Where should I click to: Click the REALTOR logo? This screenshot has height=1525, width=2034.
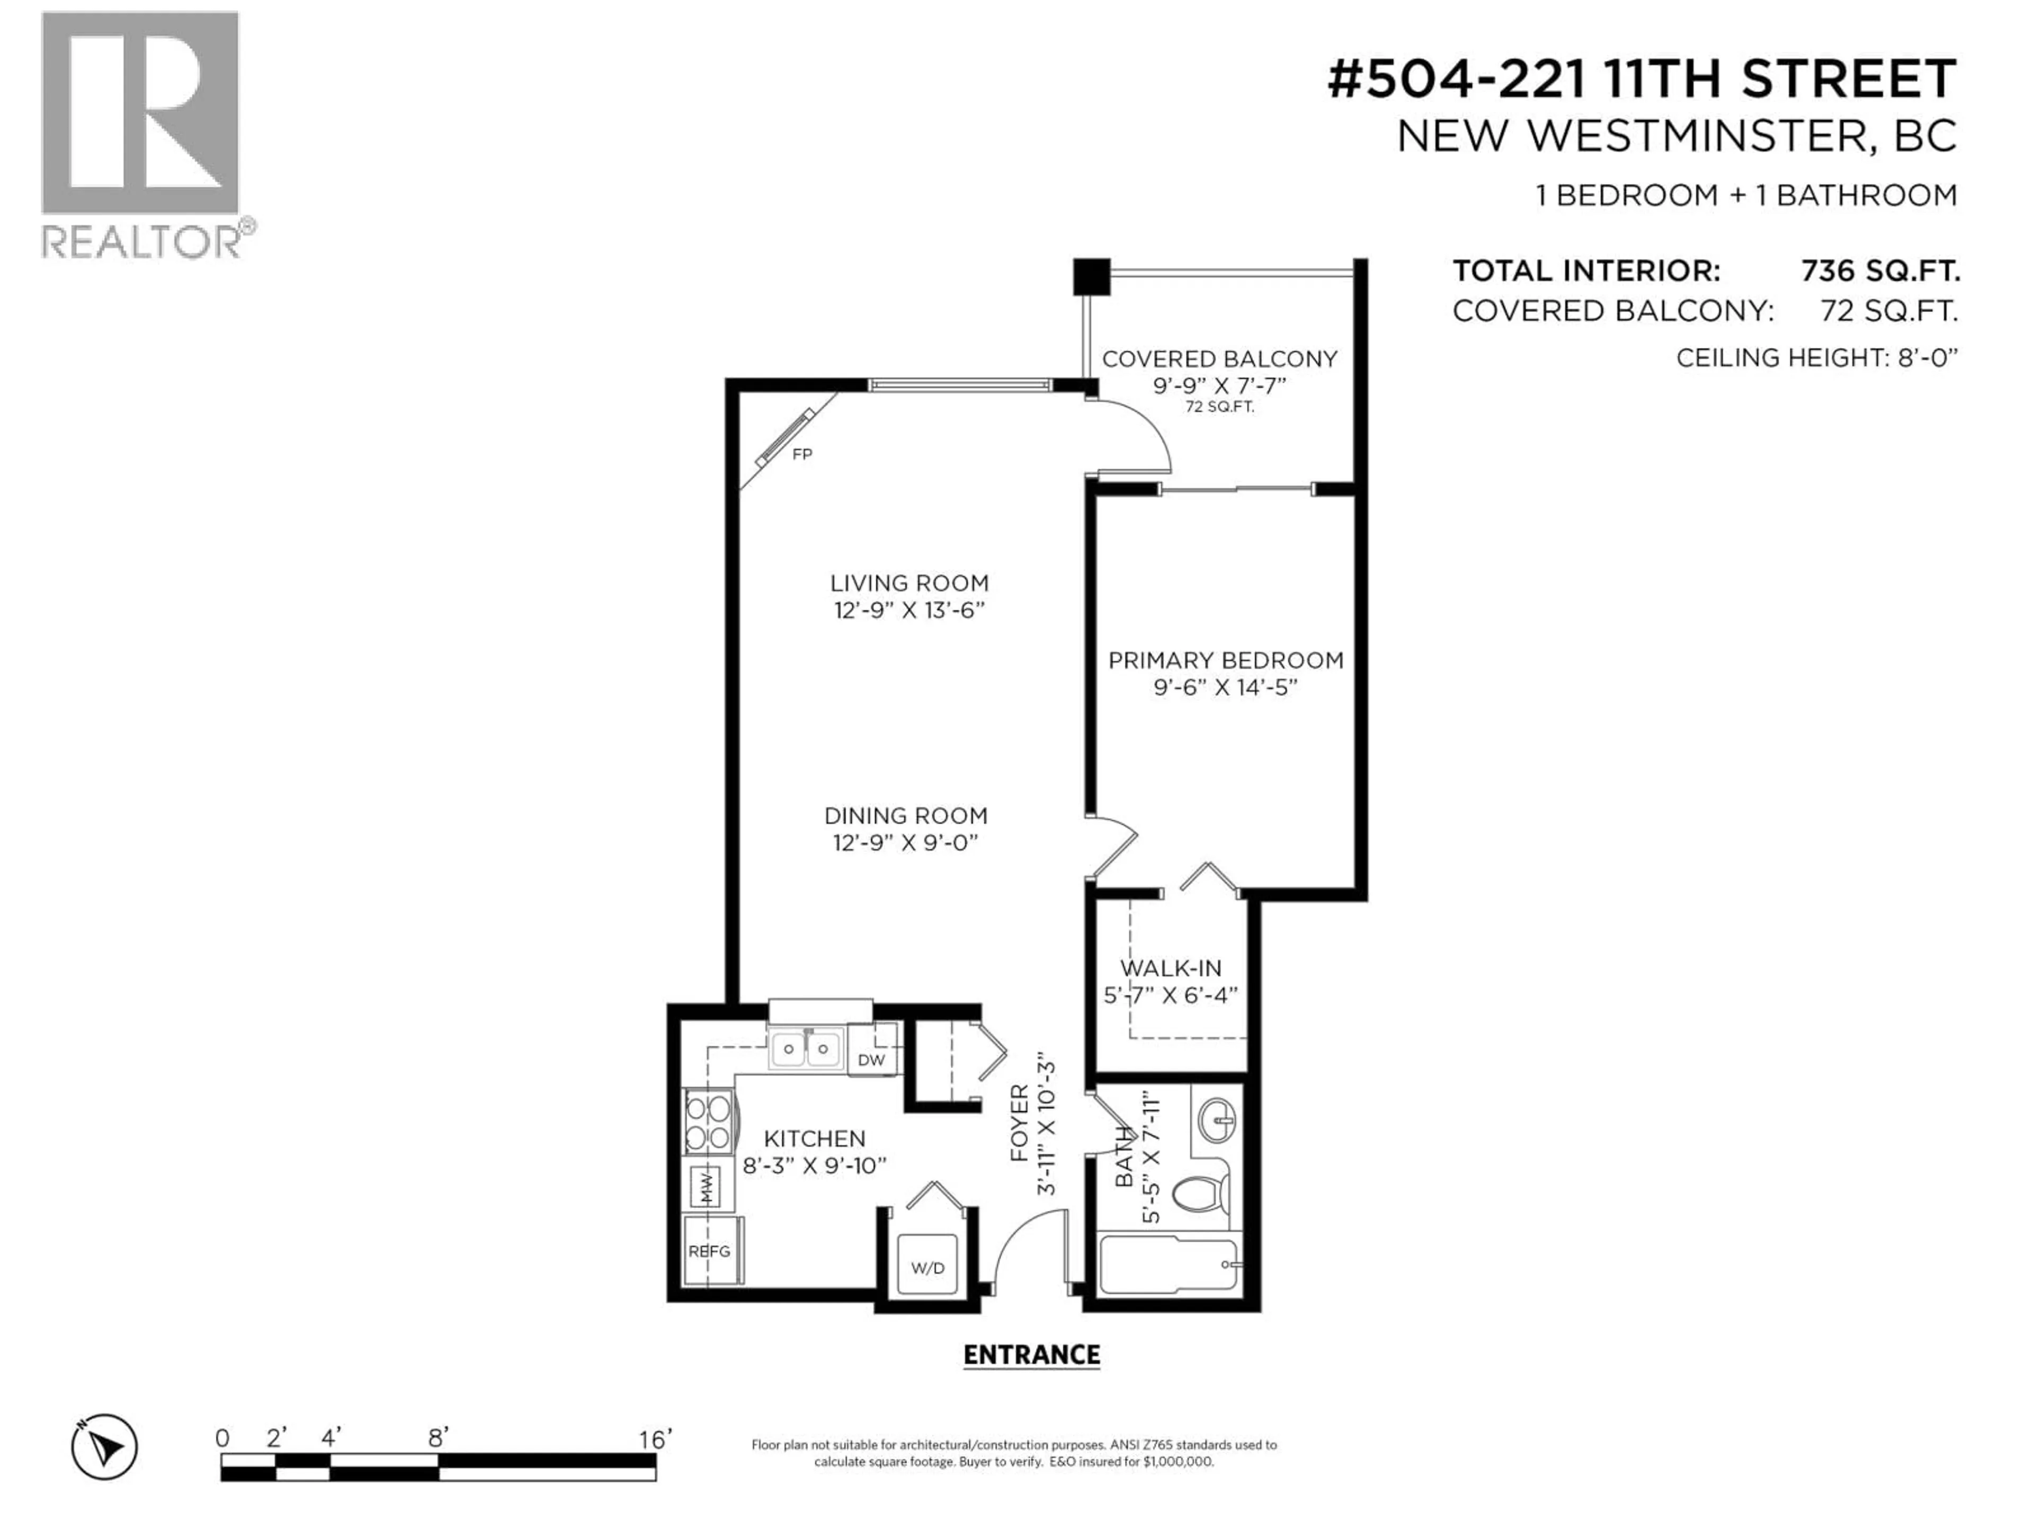pos(148,134)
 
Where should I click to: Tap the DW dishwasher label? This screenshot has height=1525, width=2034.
pos(871,1060)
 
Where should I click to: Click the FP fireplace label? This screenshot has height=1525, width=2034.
pos(802,454)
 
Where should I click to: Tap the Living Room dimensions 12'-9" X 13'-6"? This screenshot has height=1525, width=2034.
pos(908,611)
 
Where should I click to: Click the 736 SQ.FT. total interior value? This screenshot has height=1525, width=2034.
pos(1879,271)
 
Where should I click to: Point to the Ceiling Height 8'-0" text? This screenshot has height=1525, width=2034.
pos(1817,357)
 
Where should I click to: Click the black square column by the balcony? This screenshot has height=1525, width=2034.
pos(1092,277)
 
